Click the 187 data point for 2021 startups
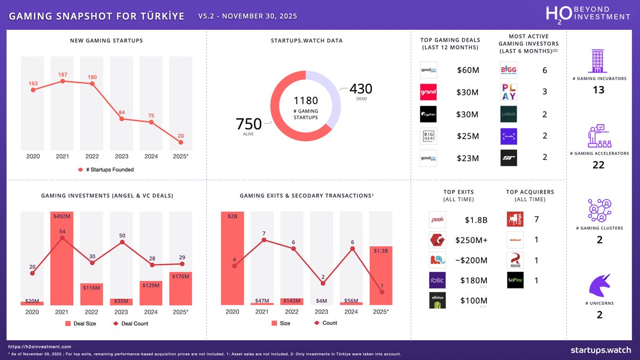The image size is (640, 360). (x=63, y=81)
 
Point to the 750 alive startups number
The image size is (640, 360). (x=249, y=124)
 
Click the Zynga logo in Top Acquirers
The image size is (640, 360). (x=515, y=219)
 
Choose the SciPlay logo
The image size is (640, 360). (x=515, y=280)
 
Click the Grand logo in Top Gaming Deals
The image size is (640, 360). (x=428, y=92)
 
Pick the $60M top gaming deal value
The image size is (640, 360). (x=468, y=70)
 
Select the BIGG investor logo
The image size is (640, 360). (x=508, y=70)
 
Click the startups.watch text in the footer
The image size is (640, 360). (x=600, y=350)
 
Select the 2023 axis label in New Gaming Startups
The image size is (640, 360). (x=122, y=156)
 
